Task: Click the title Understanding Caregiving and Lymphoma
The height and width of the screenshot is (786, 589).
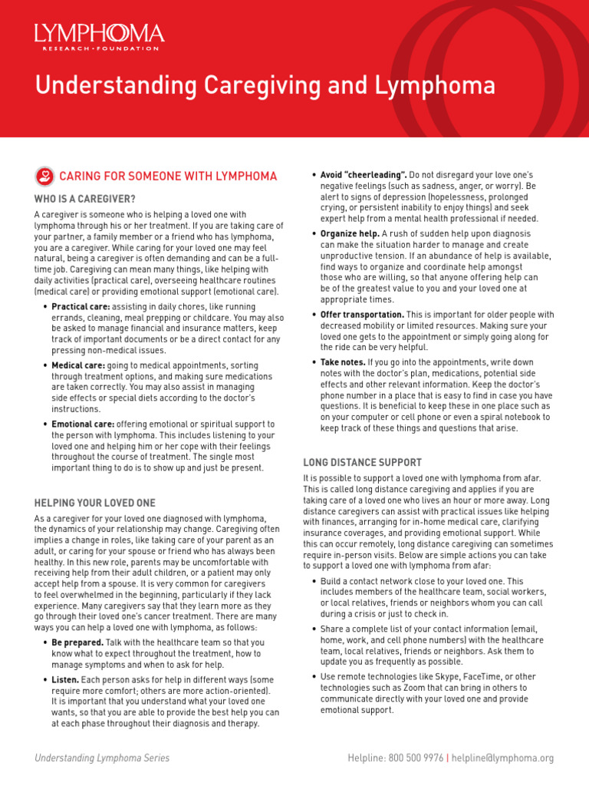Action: click(265, 85)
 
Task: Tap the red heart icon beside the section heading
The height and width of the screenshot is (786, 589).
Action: click(44, 177)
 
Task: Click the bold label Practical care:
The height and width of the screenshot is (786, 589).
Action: click(81, 306)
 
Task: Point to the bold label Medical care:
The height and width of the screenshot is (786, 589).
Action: click(78, 365)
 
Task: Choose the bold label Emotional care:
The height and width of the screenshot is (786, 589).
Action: click(83, 424)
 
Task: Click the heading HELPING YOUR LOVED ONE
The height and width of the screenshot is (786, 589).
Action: click(94, 503)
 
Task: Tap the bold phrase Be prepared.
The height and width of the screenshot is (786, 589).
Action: click(77, 642)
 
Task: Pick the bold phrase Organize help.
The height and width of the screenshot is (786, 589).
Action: click(350, 233)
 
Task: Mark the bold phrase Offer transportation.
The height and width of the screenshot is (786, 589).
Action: click(363, 315)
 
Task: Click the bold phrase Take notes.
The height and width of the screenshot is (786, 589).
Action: click(343, 362)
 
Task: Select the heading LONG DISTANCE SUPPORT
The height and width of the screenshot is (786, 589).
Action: click(362, 462)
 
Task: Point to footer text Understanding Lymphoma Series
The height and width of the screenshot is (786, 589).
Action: click(102, 758)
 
